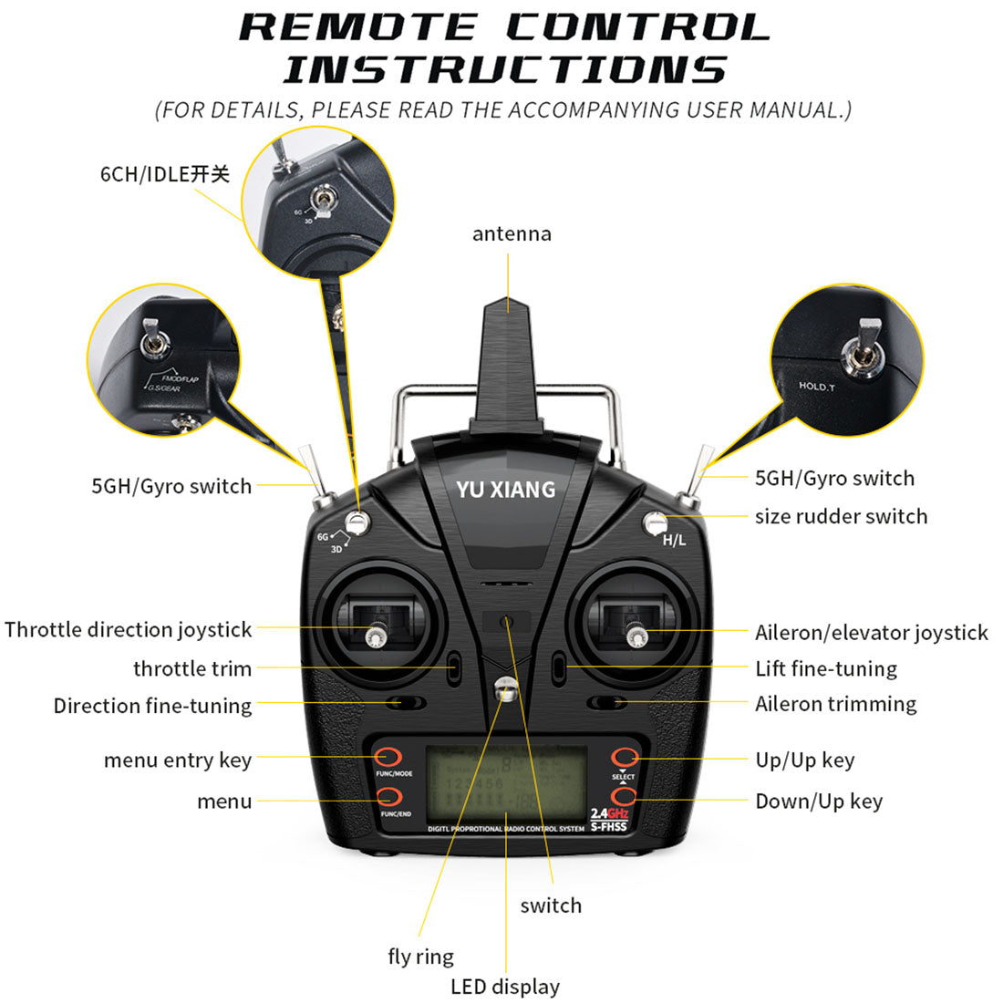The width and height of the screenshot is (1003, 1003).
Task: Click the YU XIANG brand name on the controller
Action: (506, 490)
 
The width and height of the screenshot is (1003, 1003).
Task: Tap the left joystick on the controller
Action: (374, 635)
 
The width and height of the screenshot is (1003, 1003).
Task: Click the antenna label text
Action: (512, 234)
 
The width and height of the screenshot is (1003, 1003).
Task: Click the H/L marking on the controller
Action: (674, 541)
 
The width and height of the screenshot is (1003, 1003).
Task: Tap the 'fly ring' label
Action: (420, 956)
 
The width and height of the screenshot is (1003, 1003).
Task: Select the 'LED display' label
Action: (505, 987)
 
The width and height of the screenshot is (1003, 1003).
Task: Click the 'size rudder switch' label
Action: (841, 516)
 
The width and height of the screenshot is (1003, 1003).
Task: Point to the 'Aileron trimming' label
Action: (835, 704)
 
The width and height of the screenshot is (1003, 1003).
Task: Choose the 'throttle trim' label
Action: (192, 668)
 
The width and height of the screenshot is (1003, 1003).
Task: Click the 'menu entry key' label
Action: (178, 760)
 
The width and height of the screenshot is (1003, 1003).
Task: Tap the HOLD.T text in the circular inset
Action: (816, 387)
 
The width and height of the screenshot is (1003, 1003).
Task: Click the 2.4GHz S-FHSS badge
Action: (609, 819)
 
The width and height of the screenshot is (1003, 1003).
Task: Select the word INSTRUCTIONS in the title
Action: (504, 70)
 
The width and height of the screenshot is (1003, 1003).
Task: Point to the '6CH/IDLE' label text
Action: (165, 174)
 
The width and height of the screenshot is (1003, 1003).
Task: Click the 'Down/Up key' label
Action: (819, 801)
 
